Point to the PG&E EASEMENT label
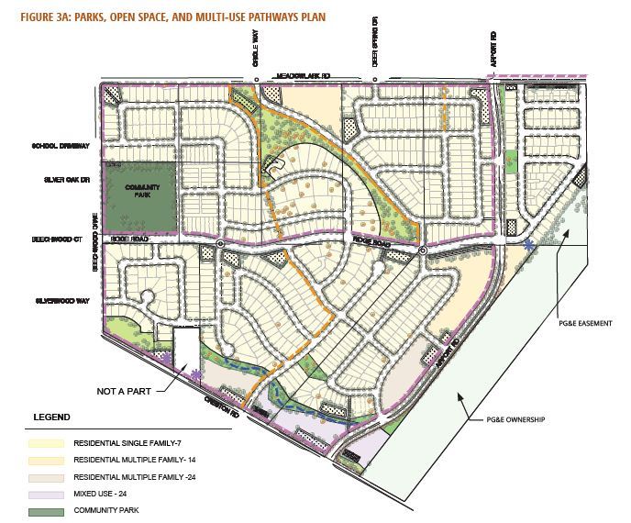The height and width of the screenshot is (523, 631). (x=577, y=323)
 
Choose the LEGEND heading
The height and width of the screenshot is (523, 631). (x=51, y=417)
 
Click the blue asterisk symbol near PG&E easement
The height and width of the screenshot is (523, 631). (x=529, y=246)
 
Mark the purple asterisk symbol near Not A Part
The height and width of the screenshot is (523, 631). (x=197, y=373)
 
